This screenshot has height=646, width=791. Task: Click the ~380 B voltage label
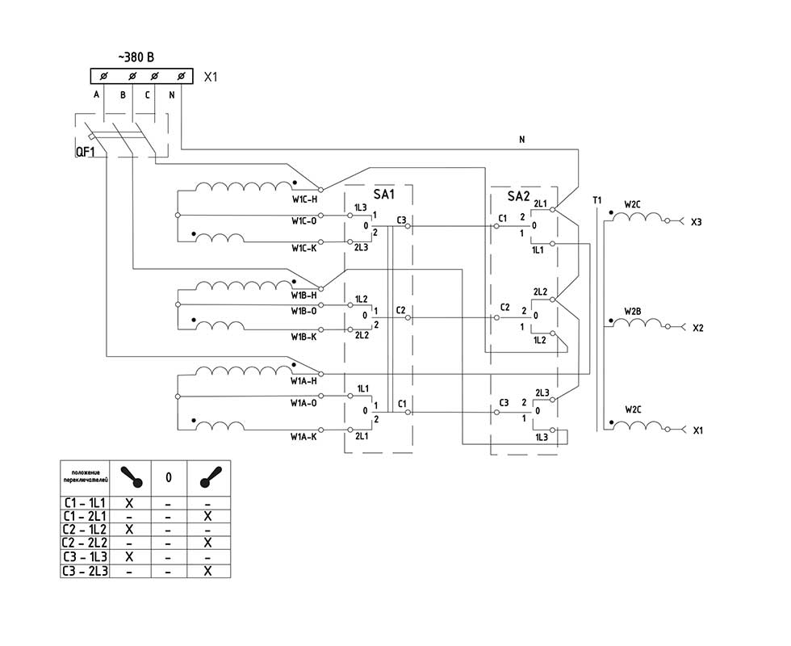(x=136, y=57)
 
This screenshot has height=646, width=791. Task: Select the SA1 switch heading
(x=384, y=195)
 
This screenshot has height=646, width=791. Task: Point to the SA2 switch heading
(x=519, y=195)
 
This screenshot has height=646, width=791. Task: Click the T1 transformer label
(x=596, y=200)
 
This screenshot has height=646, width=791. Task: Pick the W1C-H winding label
(x=304, y=199)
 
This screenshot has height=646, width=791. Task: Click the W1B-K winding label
(x=304, y=337)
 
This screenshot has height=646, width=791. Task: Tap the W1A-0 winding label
(x=304, y=401)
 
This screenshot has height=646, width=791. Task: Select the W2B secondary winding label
(x=633, y=310)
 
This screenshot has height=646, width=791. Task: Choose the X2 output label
(x=698, y=329)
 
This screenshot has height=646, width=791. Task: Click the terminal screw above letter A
(x=105, y=76)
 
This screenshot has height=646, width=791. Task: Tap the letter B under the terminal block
(x=123, y=94)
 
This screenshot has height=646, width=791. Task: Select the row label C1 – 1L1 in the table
(x=84, y=502)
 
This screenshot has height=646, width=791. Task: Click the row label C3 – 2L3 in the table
(x=84, y=571)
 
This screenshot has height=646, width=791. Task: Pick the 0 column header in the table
(x=168, y=477)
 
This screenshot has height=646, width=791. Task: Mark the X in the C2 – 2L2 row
(x=207, y=543)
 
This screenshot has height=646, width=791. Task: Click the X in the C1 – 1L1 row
(x=129, y=502)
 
